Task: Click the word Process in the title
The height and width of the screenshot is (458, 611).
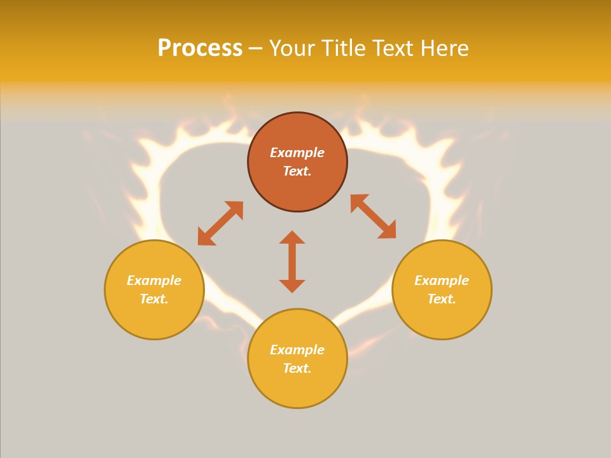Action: click(200, 48)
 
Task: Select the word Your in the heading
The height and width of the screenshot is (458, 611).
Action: click(293, 48)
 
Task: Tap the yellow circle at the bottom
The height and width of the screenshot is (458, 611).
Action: click(297, 388)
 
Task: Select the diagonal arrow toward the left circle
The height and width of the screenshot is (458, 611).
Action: click(220, 223)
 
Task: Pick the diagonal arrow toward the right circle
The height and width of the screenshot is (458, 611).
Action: click(374, 216)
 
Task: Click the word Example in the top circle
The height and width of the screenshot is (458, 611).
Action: click(297, 153)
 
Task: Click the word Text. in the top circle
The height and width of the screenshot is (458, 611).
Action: click(297, 171)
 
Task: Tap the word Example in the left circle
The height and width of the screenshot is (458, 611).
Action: click(154, 281)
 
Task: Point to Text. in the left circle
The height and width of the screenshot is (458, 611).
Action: click(154, 299)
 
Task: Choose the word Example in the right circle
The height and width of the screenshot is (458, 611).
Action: click(442, 281)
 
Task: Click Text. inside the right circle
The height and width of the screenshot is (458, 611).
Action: click(442, 299)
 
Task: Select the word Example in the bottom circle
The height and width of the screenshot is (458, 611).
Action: click(297, 350)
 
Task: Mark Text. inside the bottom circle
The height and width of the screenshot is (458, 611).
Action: click(297, 368)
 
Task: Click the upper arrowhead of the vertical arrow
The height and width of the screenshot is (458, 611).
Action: click(292, 237)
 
